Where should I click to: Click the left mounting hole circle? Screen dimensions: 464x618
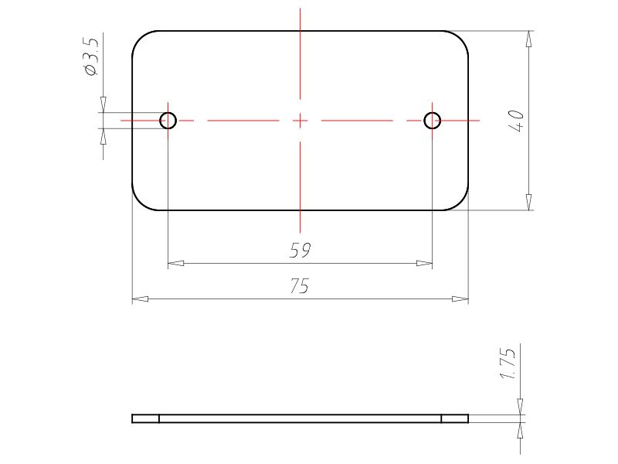tap(168, 120)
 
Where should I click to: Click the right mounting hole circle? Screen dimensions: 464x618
tap(432, 120)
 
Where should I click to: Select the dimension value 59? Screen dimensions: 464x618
tap(300, 251)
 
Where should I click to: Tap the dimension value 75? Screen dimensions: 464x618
tap(300, 286)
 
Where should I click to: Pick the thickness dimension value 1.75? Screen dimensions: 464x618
tap(508, 363)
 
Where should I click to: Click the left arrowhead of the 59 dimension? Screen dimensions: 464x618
tap(175, 264)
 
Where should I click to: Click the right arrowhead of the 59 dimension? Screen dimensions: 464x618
tap(424, 264)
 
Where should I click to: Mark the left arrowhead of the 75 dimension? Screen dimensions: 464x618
tap(140, 299)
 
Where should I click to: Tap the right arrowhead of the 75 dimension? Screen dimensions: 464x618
tap(460, 299)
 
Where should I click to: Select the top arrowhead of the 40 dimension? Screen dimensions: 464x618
tap(528, 39)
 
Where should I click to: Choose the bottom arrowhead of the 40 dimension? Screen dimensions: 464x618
tap(528, 202)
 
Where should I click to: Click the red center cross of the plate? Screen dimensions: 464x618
tap(300, 120)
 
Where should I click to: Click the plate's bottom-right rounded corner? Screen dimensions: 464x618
tap(461, 202)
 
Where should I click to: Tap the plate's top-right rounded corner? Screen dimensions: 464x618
tap(461, 39)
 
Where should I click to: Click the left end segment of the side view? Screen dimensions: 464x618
tap(145, 419)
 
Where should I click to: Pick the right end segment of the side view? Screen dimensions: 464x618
tap(455, 419)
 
